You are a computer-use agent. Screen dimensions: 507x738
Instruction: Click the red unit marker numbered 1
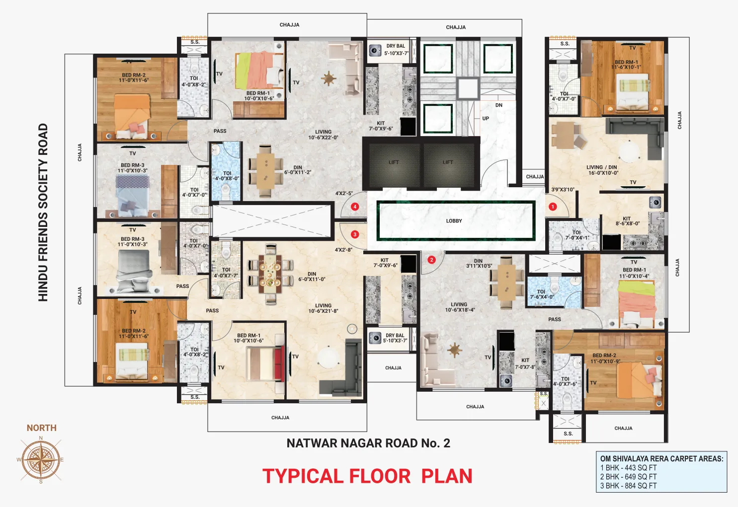click(x=553, y=207)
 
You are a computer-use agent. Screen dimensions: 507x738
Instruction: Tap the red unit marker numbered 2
click(x=431, y=260)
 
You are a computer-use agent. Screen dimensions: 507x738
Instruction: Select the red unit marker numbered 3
click(x=355, y=234)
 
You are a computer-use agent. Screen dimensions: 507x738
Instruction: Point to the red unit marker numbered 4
click(x=355, y=207)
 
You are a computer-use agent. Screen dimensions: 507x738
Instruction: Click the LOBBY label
click(x=454, y=221)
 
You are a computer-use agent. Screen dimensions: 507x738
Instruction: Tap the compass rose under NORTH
click(x=41, y=460)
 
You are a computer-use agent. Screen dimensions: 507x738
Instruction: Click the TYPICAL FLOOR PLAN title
click(x=367, y=476)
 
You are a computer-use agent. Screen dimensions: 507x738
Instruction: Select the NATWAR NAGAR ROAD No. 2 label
click(x=368, y=443)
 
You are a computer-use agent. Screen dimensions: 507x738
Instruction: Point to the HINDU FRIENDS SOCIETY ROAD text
click(x=43, y=213)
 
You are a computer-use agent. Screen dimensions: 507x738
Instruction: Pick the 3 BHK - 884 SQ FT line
click(x=628, y=486)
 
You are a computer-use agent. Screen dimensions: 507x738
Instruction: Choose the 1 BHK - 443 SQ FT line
click(x=628, y=468)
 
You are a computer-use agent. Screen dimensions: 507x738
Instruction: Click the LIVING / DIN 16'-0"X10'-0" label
click(x=603, y=170)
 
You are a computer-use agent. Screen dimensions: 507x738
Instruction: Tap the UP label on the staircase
click(x=486, y=119)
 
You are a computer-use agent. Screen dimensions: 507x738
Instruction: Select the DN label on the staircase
click(x=499, y=105)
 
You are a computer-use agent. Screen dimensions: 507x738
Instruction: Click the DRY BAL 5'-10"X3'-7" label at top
click(x=396, y=50)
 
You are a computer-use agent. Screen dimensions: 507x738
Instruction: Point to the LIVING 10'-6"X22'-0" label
click(x=323, y=135)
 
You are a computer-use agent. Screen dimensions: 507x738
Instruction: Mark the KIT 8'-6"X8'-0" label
click(x=627, y=221)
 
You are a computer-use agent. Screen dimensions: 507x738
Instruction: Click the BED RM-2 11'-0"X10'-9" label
click(x=605, y=359)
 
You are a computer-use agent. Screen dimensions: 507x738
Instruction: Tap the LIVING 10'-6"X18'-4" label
click(x=459, y=307)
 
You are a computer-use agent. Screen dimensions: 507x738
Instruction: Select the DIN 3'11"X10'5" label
click(x=479, y=264)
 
